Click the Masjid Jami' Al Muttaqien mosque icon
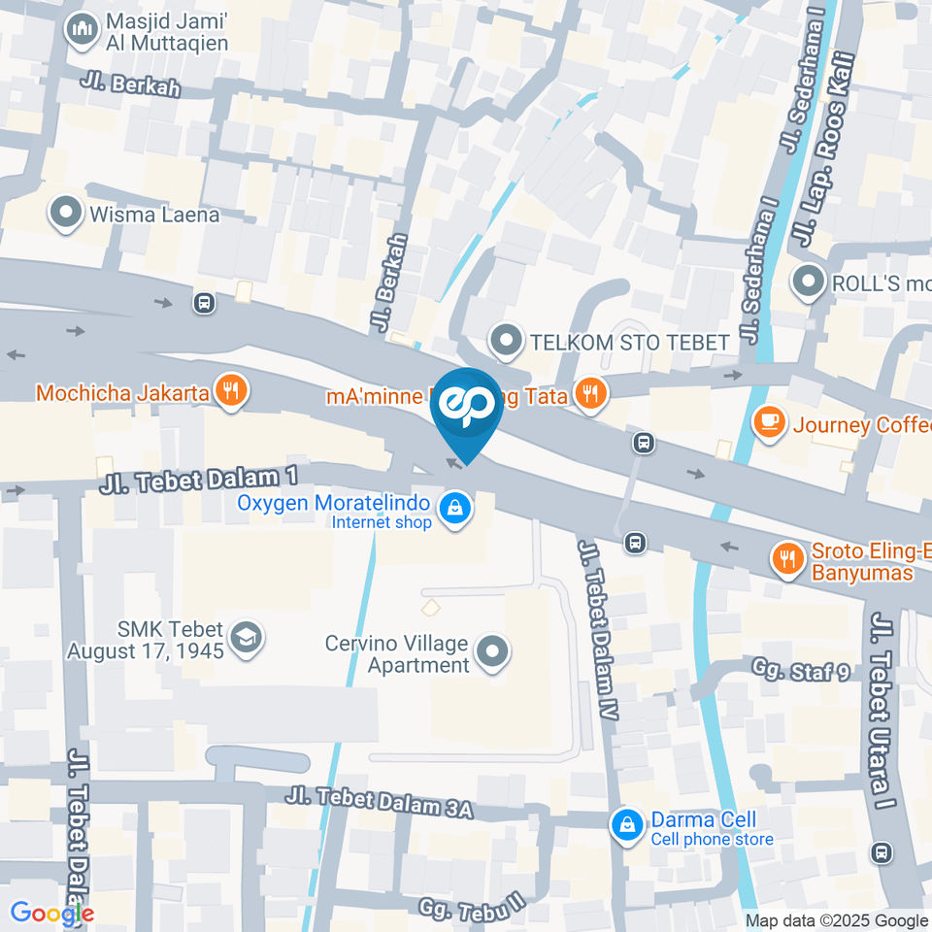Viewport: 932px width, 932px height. [82, 31]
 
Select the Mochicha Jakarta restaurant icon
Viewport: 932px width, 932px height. [231, 393]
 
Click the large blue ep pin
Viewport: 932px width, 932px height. [467, 409]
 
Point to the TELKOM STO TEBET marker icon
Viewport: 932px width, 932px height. [505, 342]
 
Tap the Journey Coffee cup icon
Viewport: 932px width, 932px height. [770, 424]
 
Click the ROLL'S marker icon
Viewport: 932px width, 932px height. [807, 283]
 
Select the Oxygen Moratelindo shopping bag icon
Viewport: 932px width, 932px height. [453, 507]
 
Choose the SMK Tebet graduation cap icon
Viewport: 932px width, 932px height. [248, 639]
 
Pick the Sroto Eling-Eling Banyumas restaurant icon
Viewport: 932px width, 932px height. [786, 559]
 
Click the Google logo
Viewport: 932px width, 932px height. [51, 913]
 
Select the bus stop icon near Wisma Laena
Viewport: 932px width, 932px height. [204, 303]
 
